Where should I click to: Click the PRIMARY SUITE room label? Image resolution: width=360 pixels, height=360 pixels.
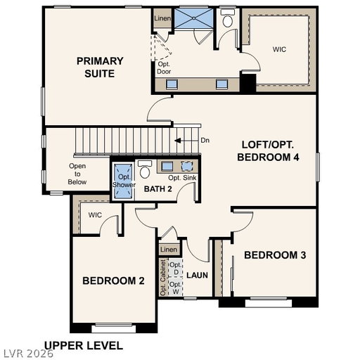pos(100,67)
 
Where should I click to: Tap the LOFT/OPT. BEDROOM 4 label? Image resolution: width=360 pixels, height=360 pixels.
pos(268,151)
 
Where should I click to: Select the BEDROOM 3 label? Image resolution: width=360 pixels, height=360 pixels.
pos(275,255)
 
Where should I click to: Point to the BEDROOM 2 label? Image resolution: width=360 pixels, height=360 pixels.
pos(113,281)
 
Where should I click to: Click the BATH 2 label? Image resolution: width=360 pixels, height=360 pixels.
pos(158,188)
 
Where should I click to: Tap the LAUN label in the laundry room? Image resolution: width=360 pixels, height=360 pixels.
pos(197,275)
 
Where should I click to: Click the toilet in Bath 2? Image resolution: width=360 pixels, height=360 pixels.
pos(144,169)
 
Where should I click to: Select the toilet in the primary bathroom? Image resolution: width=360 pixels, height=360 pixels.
pos(228,18)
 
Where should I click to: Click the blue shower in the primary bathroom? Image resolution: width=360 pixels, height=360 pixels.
pos(194,18)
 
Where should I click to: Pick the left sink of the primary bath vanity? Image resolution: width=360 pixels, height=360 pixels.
pos(172,84)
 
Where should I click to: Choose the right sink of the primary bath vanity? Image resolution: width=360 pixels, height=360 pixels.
pos(221,84)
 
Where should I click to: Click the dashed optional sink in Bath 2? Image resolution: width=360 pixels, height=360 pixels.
pos(187,166)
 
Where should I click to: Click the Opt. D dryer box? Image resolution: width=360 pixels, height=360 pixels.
pos(176,268)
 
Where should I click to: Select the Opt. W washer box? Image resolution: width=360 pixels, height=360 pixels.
pos(176,287)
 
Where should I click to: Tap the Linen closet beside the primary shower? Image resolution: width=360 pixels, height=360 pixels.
pos(162,18)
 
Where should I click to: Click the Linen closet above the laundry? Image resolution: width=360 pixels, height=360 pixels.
pos(169,250)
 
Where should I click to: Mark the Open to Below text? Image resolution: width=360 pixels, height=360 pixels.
pos(77,174)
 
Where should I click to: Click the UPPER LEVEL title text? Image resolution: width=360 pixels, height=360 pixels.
pos(84,346)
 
